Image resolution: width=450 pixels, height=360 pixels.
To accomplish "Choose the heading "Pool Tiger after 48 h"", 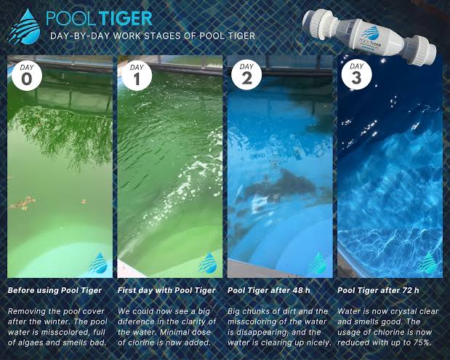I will (269, 290).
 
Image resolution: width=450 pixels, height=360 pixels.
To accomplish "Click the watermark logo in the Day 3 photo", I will (428, 262).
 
